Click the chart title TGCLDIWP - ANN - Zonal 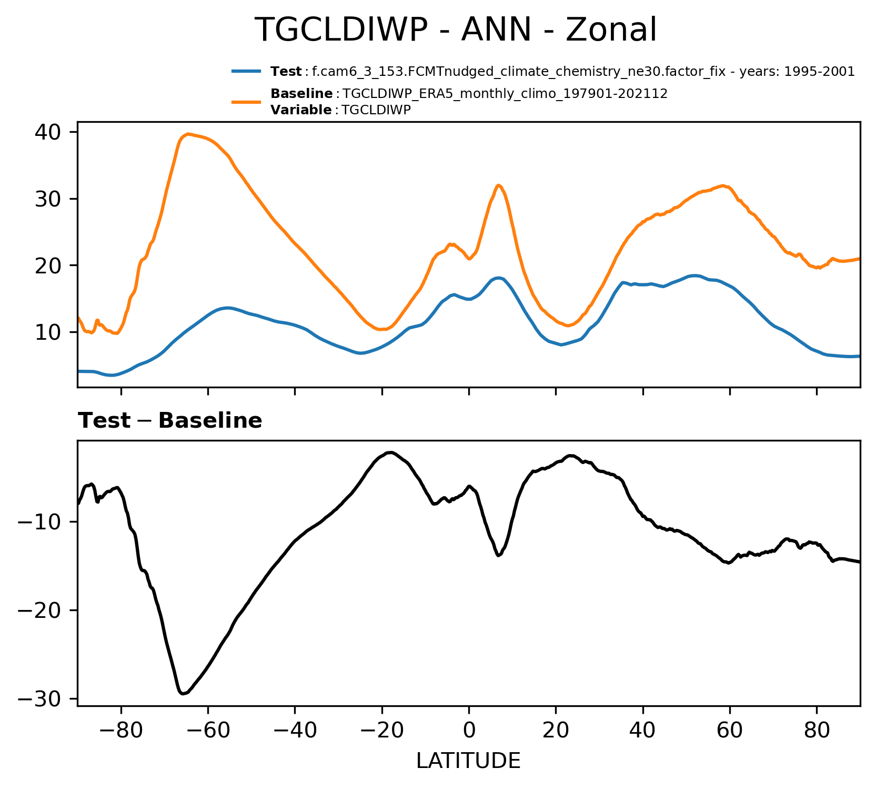pyautogui.click(x=456, y=30)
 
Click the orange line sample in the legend pyautogui.click(x=246, y=102)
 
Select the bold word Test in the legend pyautogui.click(x=286, y=72)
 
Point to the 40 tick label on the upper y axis pyautogui.click(x=48, y=132)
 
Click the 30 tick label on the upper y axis pyautogui.click(x=48, y=199)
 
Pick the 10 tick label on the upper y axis pyautogui.click(x=48, y=332)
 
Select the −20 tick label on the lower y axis pyautogui.click(x=40, y=610)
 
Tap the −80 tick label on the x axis pyautogui.click(x=121, y=731)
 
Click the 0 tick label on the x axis pyautogui.click(x=469, y=731)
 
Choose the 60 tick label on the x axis pyautogui.click(x=730, y=731)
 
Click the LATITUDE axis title pyautogui.click(x=468, y=761)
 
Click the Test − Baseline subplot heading pyautogui.click(x=170, y=421)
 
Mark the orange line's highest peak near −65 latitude pyautogui.click(x=188, y=134)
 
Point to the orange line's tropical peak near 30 pyautogui.click(x=498, y=185)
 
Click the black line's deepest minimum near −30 pyautogui.click(x=183, y=694)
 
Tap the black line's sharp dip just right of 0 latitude pyautogui.click(x=498, y=555)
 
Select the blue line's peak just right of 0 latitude pyautogui.click(x=498, y=278)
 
